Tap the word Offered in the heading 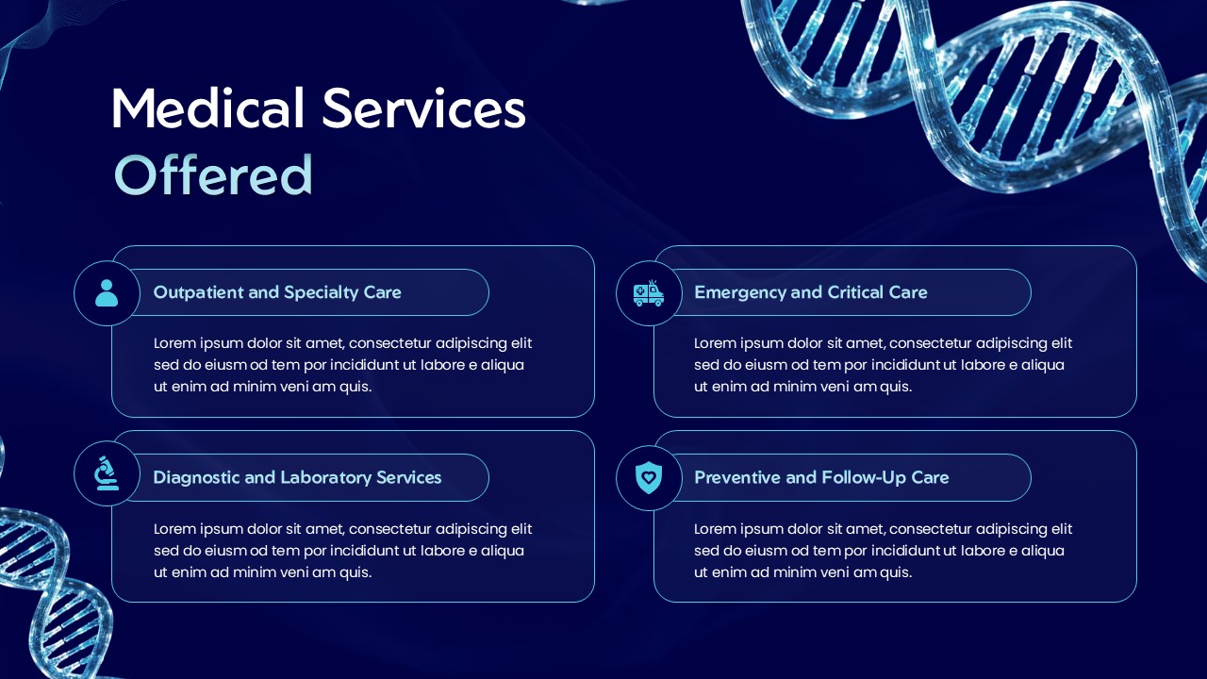pyautogui.click(x=213, y=175)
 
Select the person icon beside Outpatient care pyautogui.click(x=107, y=293)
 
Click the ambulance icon pyautogui.click(x=649, y=293)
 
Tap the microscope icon pyautogui.click(x=107, y=473)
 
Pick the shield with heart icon pyautogui.click(x=649, y=478)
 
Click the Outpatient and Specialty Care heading pyautogui.click(x=277, y=292)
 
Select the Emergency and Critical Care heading pyautogui.click(x=810, y=292)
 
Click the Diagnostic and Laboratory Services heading pyautogui.click(x=297, y=477)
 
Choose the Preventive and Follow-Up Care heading pyautogui.click(x=820, y=477)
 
